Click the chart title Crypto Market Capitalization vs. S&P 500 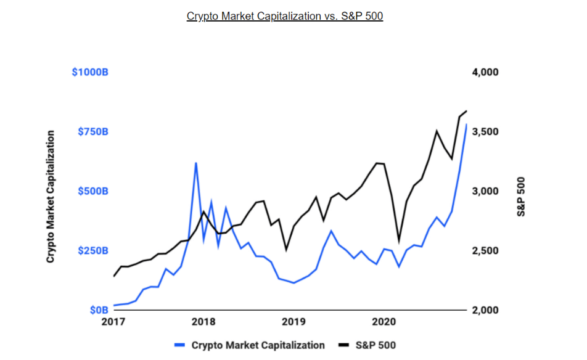click(x=285, y=16)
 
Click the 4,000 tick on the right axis click(x=485, y=72)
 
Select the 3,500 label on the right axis click(x=485, y=132)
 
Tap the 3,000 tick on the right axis click(x=485, y=191)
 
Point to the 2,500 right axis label click(x=485, y=251)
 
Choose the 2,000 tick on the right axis click(x=485, y=310)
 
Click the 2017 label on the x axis click(x=113, y=322)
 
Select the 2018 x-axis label click(x=203, y=322)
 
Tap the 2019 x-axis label click(x=293, y=322)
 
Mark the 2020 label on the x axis click(x=384, y=322)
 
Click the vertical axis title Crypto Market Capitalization click(x=51, y=196)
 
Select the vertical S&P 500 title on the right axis click(x=521, y=196)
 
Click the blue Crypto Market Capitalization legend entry click(x=249, y=345)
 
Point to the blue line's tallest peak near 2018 click(x=195, y=163)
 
